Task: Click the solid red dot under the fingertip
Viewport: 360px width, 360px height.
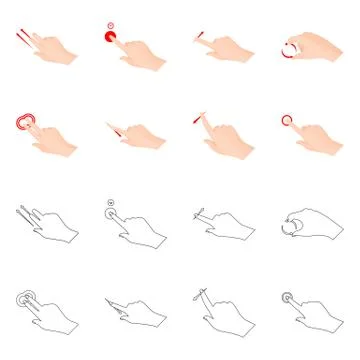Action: pos(108,37)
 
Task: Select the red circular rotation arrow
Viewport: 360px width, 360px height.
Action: pos(291,48)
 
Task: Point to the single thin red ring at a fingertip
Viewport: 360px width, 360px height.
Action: pos(288,120)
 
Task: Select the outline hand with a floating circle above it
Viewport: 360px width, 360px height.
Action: pos(135,225)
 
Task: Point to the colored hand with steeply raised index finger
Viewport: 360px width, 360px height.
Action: pos(225,135)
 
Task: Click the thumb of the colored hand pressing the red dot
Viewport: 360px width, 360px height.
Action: pos(124,54)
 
